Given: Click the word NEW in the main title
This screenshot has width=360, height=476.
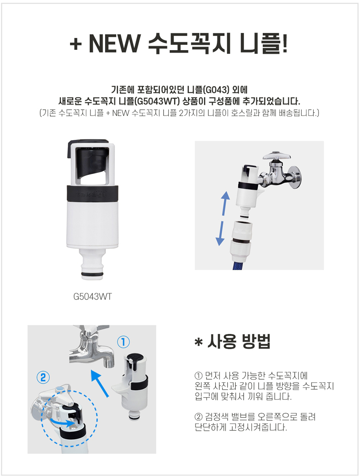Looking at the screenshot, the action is point(114,44).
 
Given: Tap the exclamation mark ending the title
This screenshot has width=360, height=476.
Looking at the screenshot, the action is point(284,43).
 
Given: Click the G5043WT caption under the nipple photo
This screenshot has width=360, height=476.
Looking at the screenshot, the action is point(93,296).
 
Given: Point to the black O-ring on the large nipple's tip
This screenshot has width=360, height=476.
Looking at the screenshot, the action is point(92,275).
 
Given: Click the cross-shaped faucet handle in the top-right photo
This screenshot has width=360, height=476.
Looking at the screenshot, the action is point(277,156).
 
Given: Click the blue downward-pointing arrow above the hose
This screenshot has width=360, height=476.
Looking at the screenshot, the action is point(220,233).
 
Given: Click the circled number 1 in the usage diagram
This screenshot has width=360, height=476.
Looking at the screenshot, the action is point(123,342).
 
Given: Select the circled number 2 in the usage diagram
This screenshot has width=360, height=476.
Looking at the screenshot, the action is point(43,377).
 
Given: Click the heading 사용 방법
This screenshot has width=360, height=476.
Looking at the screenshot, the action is point(239,342).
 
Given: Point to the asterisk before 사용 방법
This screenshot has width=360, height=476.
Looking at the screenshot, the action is point(198,342).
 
